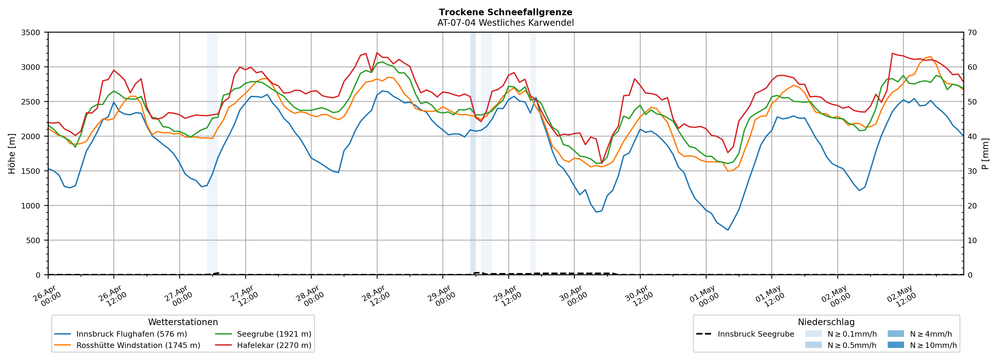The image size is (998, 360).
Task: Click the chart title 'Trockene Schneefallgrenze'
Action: (506, 12)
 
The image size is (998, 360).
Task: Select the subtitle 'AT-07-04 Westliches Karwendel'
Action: (506, 23)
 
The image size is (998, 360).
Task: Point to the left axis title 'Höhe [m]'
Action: (12, 153)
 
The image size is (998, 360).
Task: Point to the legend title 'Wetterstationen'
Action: (183, 322)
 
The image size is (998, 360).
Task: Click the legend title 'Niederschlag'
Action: (826, 322)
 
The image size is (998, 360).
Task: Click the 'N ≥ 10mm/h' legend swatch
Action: (896, 345)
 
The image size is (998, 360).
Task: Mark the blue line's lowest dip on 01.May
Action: (728, 230)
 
